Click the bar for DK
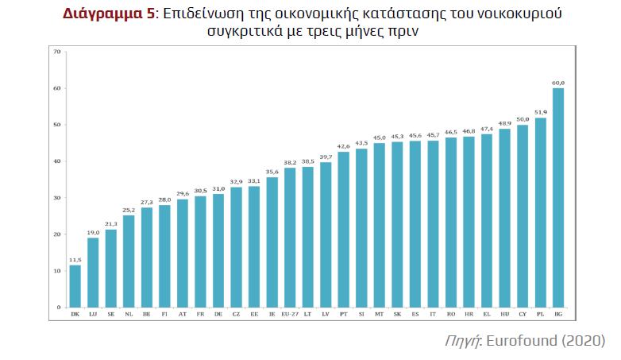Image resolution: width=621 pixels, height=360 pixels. [75, 286]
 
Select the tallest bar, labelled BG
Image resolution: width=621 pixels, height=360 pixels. [558, 198]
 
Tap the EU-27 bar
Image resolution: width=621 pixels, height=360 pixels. [290, 238]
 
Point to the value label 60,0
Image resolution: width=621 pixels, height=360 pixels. [558, 83]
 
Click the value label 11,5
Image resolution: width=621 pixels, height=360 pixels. [75, 260]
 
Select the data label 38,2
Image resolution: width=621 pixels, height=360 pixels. [290, 162]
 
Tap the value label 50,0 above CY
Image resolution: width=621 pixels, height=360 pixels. [523, 119]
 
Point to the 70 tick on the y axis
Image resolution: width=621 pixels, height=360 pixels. [56, 52]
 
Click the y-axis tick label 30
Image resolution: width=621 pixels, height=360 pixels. [56, 198]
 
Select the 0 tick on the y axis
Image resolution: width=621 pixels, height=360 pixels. [58, 308]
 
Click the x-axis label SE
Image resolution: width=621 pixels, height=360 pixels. [111, 315]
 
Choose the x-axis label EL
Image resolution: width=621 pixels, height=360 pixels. [487, 315]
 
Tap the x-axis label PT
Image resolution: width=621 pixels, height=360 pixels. [344, 315]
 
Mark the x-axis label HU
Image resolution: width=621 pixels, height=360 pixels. [505, 315]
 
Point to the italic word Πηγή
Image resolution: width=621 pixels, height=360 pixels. [462, 341]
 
